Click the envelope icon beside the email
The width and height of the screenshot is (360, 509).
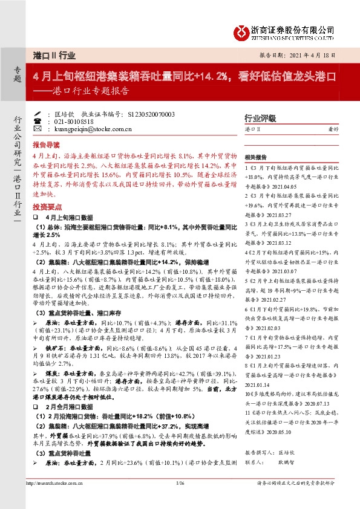38,129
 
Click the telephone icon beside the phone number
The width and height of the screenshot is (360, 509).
38,121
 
